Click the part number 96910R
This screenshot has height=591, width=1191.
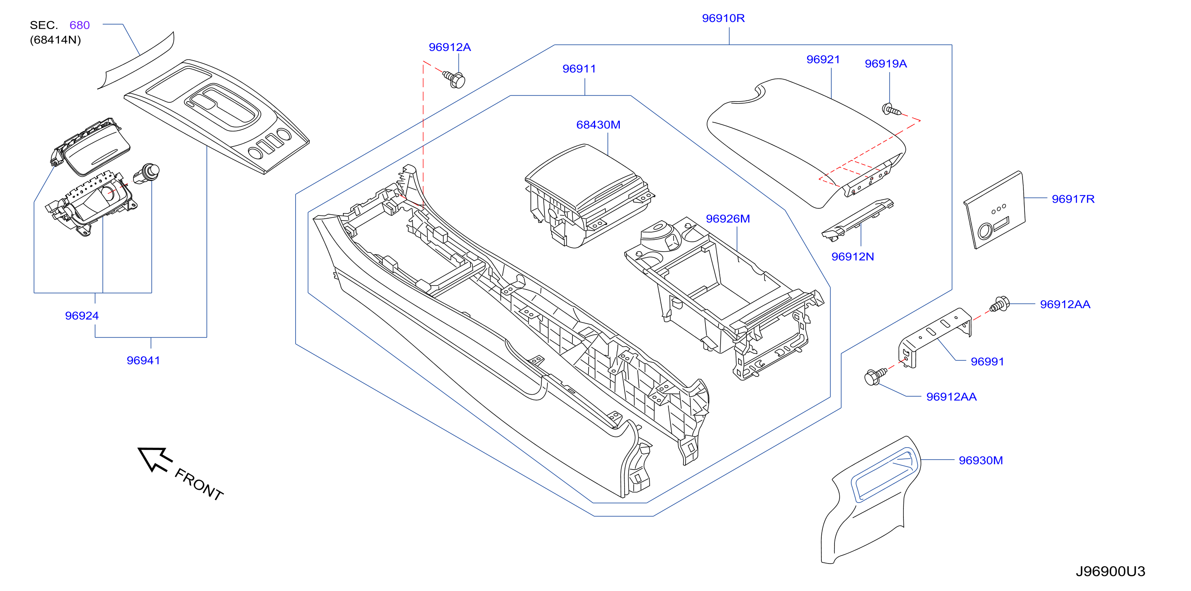click(x=723, y=18)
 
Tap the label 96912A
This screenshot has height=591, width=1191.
click(x=449, y=47)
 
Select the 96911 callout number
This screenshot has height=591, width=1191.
click(x=579, y=69)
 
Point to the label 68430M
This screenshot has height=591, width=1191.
click(x=598, y=125)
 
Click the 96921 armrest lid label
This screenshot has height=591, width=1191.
click(x=823, y=60)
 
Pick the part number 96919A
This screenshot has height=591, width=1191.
click(x=886, y=64)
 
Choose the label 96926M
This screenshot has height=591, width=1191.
click(x=728, y=219)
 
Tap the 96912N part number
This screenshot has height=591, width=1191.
click(x=852, y=256)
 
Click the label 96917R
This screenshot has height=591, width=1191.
click(x=1073, y=199)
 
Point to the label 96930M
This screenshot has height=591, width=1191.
click(x=981, y=460)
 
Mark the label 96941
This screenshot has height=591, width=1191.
click(x=143, y=360)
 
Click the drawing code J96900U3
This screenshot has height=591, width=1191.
click(x=1110, y=571)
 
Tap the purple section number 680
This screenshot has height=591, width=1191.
click(x=80, y=25)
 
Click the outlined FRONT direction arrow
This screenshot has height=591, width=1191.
click(x=155, y=459)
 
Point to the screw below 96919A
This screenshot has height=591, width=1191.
click(x=891, y=110)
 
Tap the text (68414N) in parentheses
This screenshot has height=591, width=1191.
click(x=55, y=40)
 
